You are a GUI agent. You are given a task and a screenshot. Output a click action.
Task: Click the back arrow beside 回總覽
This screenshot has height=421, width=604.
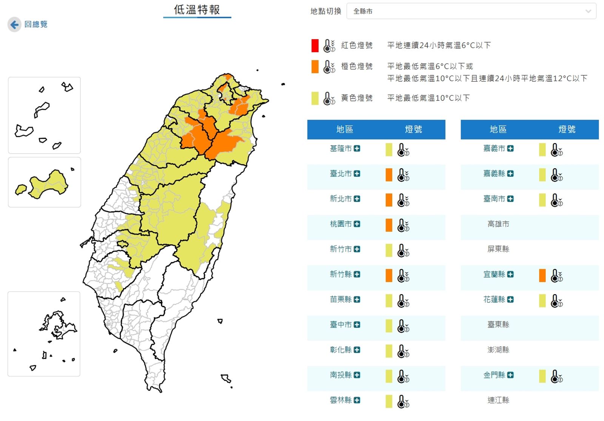click(14, 25)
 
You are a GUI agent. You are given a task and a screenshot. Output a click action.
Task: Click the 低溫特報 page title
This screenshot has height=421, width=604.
click(197, 10)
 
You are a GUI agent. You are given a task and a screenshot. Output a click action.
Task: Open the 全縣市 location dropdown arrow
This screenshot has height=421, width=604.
click(588, 11)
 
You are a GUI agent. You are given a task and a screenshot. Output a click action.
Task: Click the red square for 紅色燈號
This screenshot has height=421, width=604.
click(315, 46)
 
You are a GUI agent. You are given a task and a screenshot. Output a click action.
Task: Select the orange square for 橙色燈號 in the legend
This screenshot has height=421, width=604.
click(315, 67)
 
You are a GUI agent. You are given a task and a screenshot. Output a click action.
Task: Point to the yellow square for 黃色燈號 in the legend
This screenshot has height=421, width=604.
click(315, 99)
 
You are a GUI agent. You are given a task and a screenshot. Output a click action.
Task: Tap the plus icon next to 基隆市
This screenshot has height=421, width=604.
click(357, 149)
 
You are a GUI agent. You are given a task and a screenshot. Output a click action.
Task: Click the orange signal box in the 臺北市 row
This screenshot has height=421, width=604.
click(389, 175)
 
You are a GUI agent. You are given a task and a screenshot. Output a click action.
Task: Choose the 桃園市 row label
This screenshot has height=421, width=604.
click(341, 224)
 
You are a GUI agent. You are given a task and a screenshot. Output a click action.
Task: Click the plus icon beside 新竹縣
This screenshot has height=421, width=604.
click(357, 274)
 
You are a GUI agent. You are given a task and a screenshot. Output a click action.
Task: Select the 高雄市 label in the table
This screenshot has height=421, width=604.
click(498, 224)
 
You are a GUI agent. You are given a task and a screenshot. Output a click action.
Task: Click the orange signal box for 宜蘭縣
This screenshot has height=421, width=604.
click(542, 276)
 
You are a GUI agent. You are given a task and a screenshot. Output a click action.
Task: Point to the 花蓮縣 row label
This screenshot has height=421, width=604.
click(494, 300)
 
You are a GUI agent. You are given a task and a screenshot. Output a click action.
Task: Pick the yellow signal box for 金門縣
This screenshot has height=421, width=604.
click(542, 376)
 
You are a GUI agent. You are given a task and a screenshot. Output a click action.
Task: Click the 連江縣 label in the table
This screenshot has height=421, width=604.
click(498, 400)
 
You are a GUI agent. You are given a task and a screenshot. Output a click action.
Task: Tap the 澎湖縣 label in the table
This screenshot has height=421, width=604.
click(498, 350)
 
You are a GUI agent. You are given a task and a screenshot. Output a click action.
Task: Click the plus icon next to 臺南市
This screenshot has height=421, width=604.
click(510, 199)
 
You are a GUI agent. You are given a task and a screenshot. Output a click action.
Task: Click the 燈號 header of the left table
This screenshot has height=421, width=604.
click(413, 130)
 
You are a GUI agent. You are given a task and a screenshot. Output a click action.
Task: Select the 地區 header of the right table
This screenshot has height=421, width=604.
click(498, 130)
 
